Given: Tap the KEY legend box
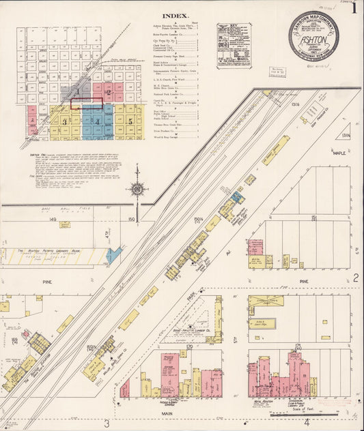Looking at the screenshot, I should click(234, 46).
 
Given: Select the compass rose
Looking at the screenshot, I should click(137, 186).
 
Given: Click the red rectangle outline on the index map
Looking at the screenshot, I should click(87, 104).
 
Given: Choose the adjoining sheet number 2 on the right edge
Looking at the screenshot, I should click(356, 277).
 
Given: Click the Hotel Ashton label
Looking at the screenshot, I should click(262, 402).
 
